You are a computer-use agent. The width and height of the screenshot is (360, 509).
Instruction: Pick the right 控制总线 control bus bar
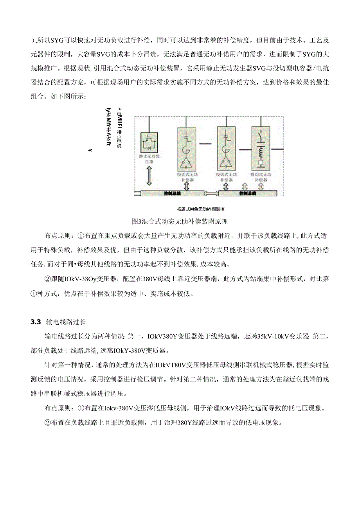click(x=247, y=193)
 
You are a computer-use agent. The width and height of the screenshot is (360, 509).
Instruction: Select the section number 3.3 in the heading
click(x=36, y=322)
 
